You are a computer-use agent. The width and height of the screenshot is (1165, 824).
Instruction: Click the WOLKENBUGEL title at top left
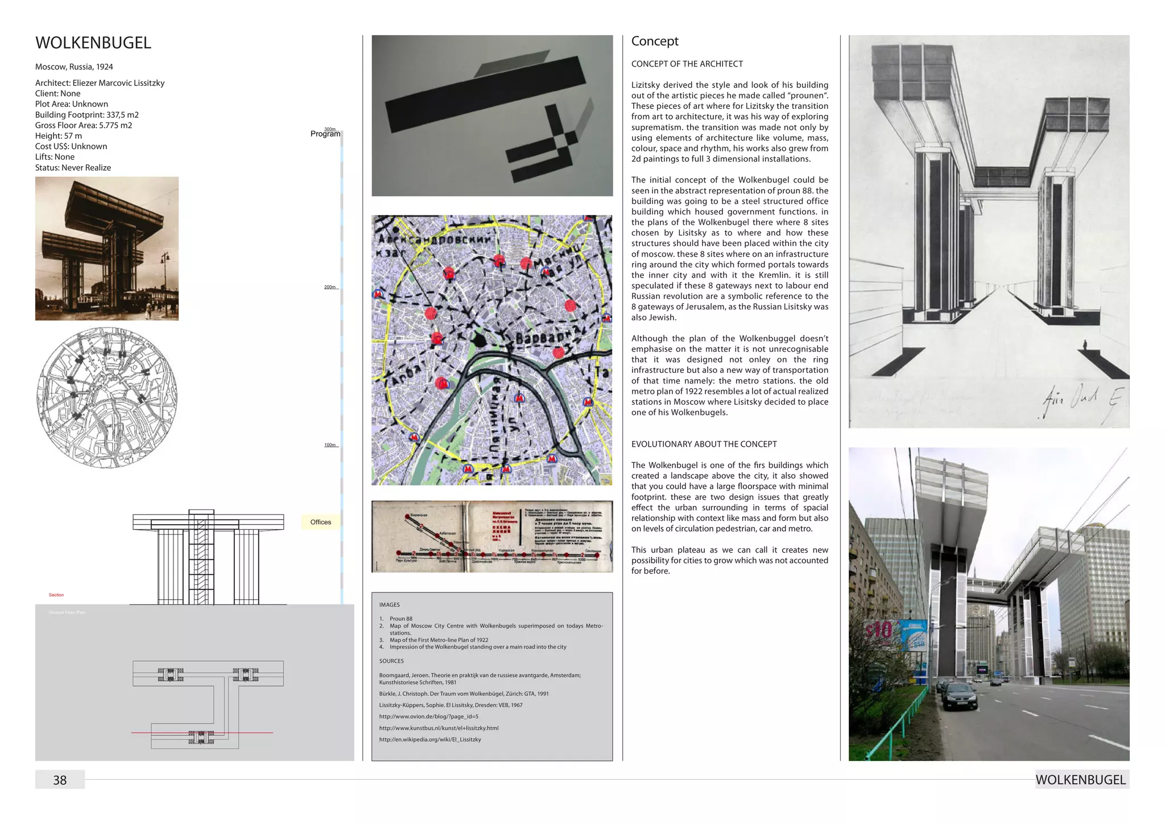coord(93,43)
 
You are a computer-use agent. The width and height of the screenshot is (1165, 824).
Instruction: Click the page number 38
coord(60,780)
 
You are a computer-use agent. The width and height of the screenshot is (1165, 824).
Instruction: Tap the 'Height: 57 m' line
coord(59,136)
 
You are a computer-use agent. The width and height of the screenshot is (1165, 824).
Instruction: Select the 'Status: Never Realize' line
coord(73,168)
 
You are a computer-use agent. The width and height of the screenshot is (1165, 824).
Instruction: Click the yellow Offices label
coord(321,522)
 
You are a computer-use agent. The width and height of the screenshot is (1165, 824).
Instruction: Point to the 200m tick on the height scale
coord(330,287)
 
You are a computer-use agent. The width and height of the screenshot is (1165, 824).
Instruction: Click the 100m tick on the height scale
coord(330,445)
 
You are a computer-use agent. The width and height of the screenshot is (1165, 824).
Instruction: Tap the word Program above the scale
coord(325,134)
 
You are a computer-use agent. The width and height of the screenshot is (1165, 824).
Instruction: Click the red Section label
coord(56,595)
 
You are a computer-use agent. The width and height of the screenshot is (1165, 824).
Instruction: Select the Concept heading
coord(655,41)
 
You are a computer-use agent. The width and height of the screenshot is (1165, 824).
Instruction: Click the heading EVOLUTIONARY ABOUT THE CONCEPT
coord(704,444)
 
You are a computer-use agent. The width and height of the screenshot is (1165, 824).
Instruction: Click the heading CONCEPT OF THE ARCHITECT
coord(687,64)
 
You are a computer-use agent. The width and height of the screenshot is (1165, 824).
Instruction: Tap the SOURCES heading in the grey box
coord(391,661)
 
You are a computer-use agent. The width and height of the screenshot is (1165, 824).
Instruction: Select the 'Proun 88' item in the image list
coord(400,619)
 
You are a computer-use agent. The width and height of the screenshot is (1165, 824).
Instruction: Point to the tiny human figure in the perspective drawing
coord(1085,344)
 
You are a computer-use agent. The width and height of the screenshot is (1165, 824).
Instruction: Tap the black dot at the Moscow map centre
coord(480,340)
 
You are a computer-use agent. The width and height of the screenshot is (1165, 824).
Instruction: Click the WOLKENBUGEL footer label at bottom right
coord(1080,780)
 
